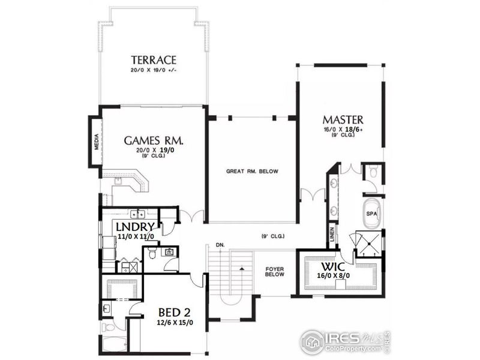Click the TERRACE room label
154,60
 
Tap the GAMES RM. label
154,140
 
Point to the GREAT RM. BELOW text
252,172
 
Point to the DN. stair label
220,246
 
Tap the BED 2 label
175,313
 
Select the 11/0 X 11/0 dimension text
136,236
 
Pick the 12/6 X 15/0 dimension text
175,323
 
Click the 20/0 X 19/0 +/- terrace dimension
154,70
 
